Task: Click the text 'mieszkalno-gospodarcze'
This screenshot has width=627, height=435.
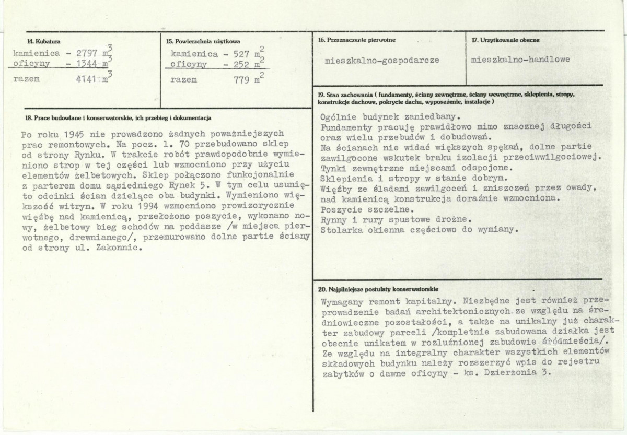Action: [381, 60]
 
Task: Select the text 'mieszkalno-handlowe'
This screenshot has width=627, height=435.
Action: [520, 60]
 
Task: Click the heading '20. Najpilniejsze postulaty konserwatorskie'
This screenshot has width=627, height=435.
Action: [378, 289]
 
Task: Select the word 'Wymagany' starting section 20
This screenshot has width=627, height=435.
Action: [341, 302]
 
